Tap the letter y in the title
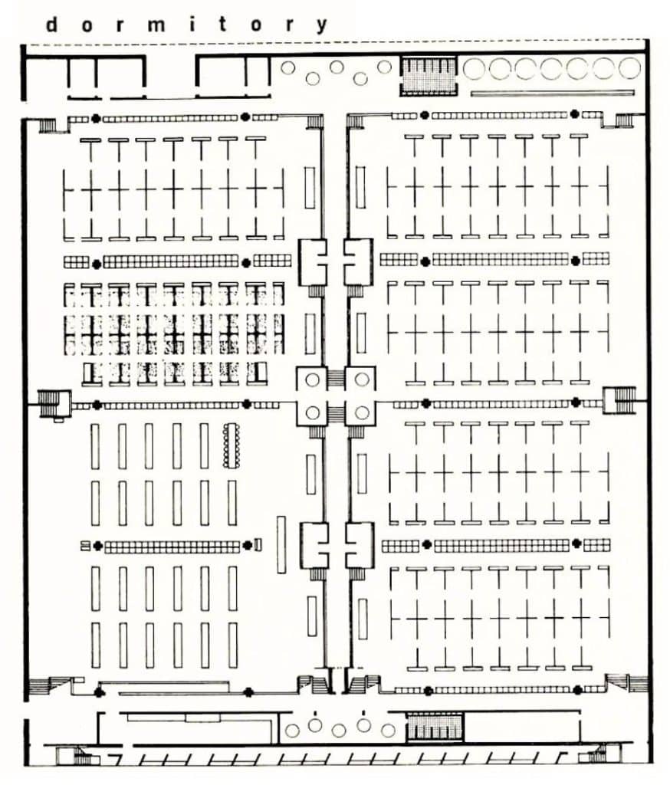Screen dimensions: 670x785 [322, 25]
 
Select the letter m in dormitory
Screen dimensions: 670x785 [156, 25]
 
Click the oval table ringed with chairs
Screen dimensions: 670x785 [232, 445]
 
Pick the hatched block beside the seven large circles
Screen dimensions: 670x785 [429, 76]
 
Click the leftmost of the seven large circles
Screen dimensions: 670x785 [474, 68]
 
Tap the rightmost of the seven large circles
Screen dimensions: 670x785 [629, 68]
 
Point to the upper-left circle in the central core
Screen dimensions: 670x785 [312, 379]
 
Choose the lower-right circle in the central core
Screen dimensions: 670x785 [362, 413]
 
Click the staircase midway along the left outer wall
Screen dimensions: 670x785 [49, 402]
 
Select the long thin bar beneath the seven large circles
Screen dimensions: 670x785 [552, 93]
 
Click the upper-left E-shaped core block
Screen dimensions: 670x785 [313, 262]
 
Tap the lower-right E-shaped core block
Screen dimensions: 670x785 [359, 545]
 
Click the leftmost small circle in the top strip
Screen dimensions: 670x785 [287, 67]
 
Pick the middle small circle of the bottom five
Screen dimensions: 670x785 [339, 731]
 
